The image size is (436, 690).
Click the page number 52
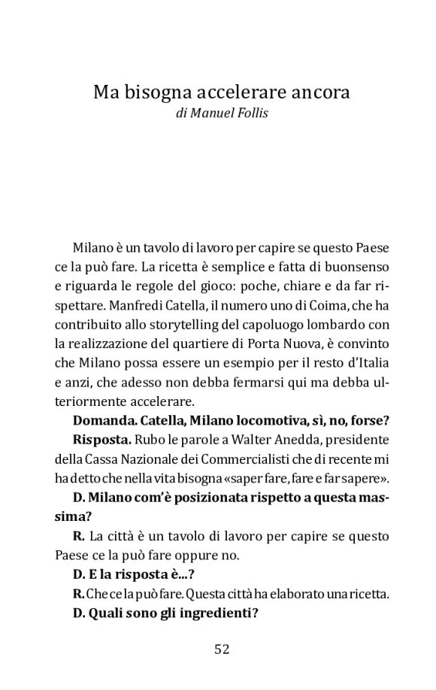coord(221,649)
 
